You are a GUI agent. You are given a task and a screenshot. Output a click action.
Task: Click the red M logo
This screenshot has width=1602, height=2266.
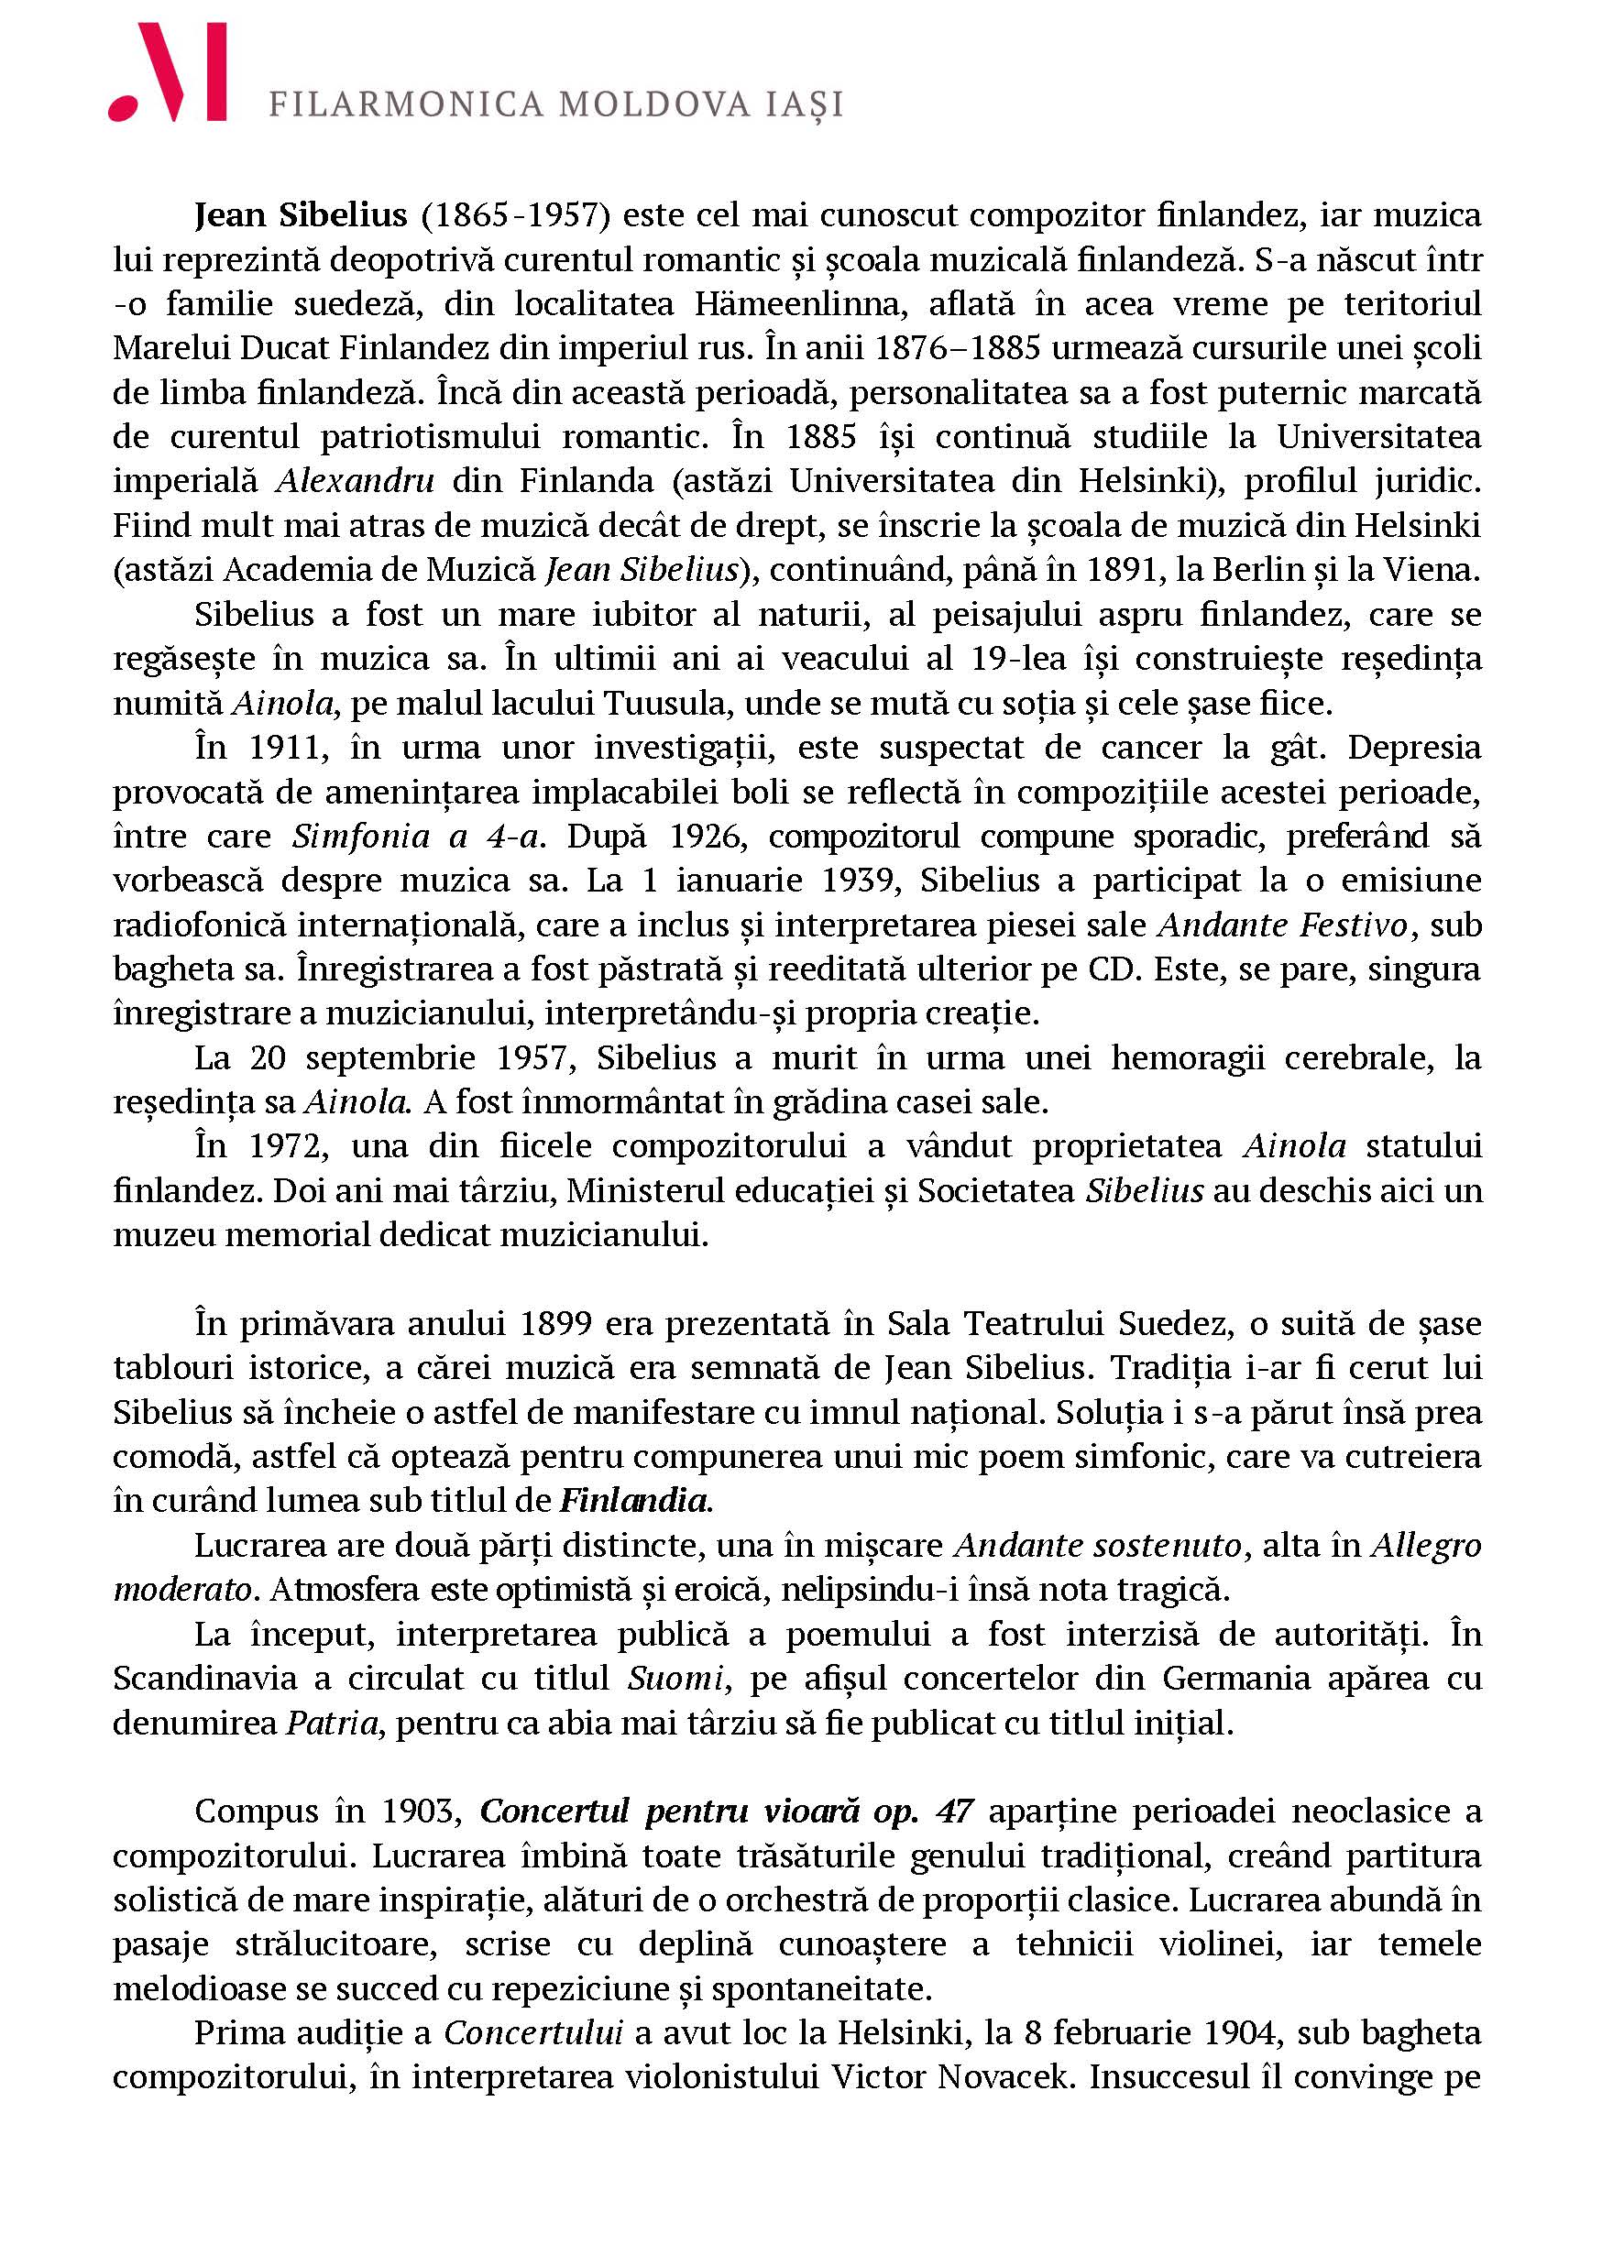[x=168, y=73]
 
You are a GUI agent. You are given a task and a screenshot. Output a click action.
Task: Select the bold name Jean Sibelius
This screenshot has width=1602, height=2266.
[x=300, y=214]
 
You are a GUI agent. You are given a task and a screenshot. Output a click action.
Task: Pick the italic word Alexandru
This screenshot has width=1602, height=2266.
[x=356, y=481]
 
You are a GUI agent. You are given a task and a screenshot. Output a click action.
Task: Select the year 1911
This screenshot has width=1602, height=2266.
[x=287, y=747]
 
